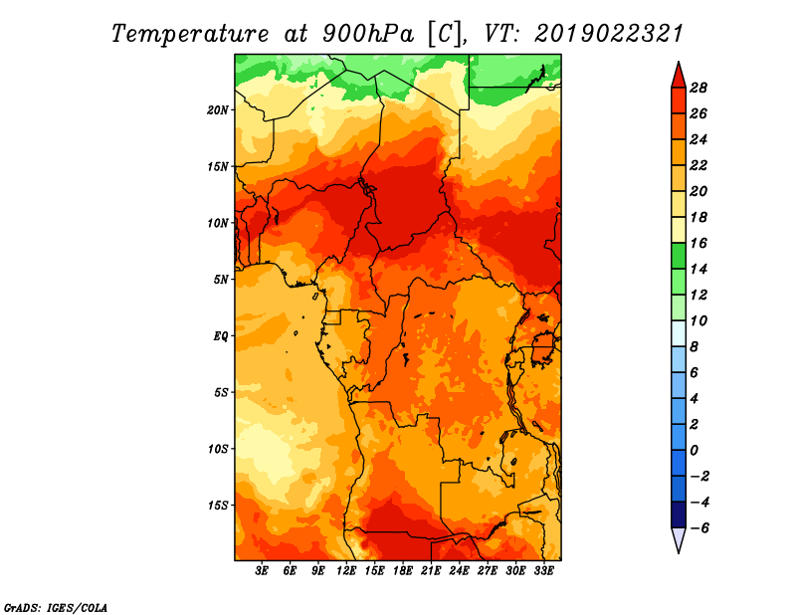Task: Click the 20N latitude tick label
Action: [x=217, y=110]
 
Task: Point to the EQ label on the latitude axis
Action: [x=220, y=336]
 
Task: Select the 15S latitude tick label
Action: [x=217, y=506]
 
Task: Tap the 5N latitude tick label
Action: [x=220, y=280]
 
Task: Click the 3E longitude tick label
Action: [x=262, y=570]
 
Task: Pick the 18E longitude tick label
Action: [x=403, y=570]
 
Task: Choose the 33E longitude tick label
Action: [x=543, y=570]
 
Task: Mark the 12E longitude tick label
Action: [x=346, y=570]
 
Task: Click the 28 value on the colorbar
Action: [x=698, y=88]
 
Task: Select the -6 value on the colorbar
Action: [x=699, y=528]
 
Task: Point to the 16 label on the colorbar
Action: [x=698, y=243]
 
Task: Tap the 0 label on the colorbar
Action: [x=694, y=451]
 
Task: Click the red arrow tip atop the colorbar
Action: [x=679, y=63]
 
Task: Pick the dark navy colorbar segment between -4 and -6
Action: [x=679, y=514]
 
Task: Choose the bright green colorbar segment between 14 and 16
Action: [x=679, y=256]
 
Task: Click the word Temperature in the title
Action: [x=190, y=34]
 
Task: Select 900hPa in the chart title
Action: [x=368, y=34]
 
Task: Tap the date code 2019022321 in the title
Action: [x=609, y=34]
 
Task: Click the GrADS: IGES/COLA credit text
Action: [x=56, y=608]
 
